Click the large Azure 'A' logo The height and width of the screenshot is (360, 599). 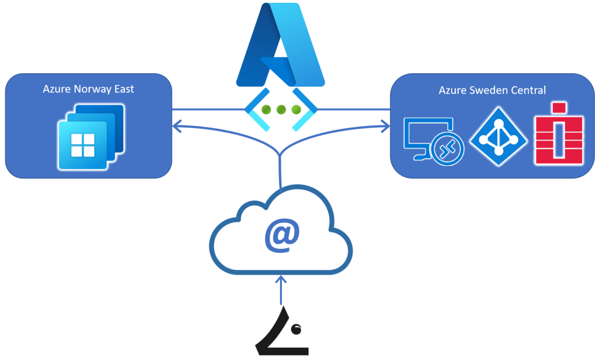[x=281, y=46]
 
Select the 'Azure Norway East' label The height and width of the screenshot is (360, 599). [x=88, y=89]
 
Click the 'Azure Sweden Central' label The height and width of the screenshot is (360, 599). [x=492, y=90]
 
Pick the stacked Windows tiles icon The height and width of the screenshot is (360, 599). [x=91, y=136]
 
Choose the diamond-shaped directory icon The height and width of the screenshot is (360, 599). [x=499, y=137]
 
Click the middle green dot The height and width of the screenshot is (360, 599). [x=281, y=109]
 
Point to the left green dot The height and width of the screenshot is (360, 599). [x=267, y=109]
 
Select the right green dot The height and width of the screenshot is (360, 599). [x=296, y=109]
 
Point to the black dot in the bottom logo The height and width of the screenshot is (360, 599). [x=295, y=329]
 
